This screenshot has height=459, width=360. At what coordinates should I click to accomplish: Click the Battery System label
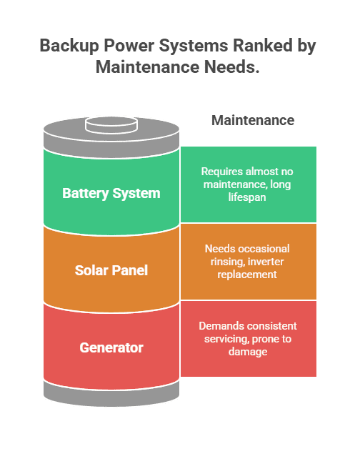111,193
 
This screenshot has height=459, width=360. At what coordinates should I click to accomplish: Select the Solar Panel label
111,270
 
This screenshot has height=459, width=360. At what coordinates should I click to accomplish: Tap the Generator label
111,348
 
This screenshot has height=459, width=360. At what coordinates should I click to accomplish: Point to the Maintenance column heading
252,120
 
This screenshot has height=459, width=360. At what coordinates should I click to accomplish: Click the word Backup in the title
69,46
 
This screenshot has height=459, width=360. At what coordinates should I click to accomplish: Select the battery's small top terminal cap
111,125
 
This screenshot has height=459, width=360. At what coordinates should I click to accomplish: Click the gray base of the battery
111,390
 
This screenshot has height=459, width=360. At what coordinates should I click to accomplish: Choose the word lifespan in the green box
247,196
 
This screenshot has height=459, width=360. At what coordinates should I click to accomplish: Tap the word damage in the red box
247,352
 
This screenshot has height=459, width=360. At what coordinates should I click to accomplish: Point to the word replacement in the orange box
247,274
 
